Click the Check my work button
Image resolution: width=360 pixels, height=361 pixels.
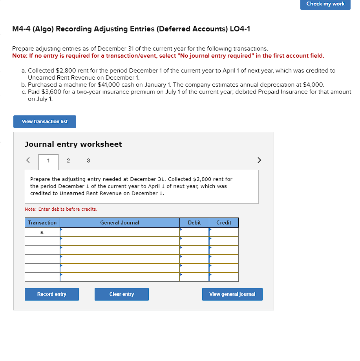(325, 4)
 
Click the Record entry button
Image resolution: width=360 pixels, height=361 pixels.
(52, 294)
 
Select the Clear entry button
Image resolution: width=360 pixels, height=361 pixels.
(122, 294)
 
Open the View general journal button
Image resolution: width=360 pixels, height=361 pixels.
(232, 294)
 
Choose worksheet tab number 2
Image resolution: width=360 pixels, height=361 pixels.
(68, 160)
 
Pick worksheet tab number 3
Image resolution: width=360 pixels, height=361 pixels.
(88, 160)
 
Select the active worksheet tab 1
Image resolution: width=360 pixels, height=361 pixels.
(48, 160)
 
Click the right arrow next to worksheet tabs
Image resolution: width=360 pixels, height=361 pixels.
(259, 160)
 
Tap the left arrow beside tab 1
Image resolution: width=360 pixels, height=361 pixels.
(28, 160)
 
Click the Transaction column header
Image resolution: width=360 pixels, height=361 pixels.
(42, 222)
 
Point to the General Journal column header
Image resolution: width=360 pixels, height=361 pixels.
(120, 222)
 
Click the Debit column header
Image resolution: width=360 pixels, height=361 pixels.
(194, 222)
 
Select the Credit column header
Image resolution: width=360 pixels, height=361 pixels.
(224, 222)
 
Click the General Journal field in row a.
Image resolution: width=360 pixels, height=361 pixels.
(120, 232)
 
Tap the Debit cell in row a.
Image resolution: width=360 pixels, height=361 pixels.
(194, 232)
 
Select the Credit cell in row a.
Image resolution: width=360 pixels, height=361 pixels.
(224, 232)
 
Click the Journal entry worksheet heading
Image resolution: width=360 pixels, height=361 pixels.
(73, 144)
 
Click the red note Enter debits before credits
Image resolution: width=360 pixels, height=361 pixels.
(61, 209)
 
